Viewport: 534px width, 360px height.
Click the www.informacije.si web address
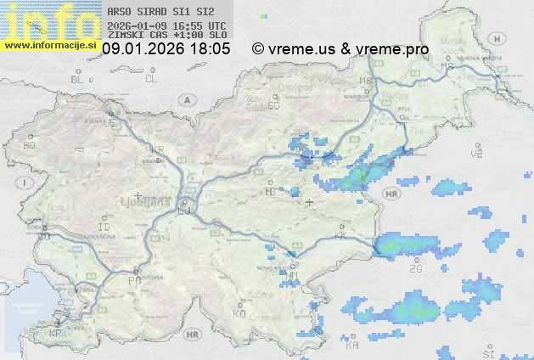(49, 45)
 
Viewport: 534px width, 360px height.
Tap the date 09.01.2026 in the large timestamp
(141, 49)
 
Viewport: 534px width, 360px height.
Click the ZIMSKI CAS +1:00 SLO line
(166, 36)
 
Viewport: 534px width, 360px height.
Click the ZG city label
(415, 269)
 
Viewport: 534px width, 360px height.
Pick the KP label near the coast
(56, 334)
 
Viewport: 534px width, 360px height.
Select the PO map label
(133, 279)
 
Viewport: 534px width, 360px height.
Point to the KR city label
(157, 149)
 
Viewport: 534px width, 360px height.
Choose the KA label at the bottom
(352, 346)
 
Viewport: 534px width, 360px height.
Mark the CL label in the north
(151, 79)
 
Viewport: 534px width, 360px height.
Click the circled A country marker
(185, 99)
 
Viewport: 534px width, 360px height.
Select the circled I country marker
(26, 183)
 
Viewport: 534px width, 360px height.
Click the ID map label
(104, 228)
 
